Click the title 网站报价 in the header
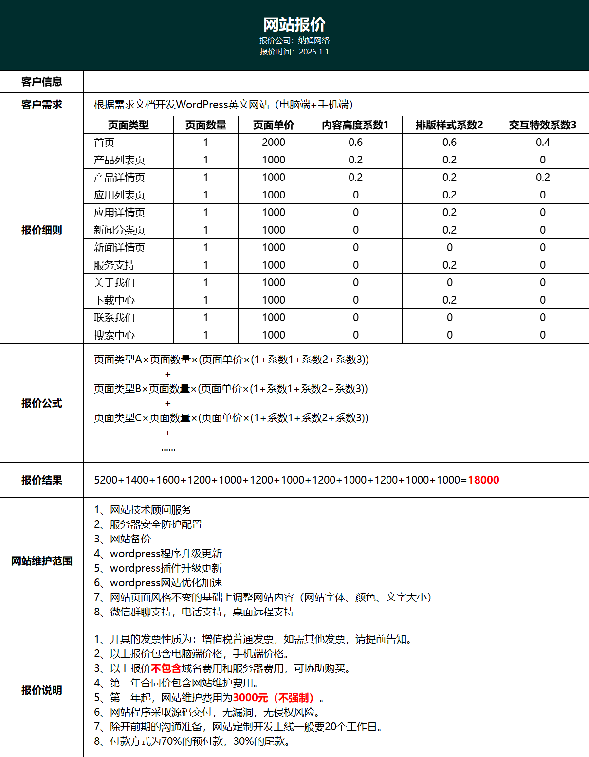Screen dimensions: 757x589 coord(294,24)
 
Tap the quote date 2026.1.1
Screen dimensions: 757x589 coord(313,52)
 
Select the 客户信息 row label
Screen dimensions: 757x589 coord(42,82)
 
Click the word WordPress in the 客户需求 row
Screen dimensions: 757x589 coord(202,105)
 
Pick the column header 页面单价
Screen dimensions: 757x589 coord(274,125)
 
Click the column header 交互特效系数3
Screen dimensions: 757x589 coord(542,125)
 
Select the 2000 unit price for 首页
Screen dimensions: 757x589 coord(274,143)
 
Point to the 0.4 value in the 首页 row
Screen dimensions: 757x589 coord(543,143)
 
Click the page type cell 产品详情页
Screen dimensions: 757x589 coord(119,178)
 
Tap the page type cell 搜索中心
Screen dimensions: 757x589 coord(114,335)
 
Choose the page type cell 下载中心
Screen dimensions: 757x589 coord(114,300)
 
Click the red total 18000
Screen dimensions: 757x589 coord(483,480)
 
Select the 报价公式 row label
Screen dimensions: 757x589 coord(42,403)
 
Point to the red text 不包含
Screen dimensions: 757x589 coord(166,668)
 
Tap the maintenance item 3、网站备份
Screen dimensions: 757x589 coord(122,539)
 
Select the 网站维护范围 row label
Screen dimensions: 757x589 coord(42,561)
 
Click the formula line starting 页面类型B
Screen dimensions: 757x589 coord(231,389)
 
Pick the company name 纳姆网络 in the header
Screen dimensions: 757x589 coord(314,40)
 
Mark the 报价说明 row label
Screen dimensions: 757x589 coord(42,690)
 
